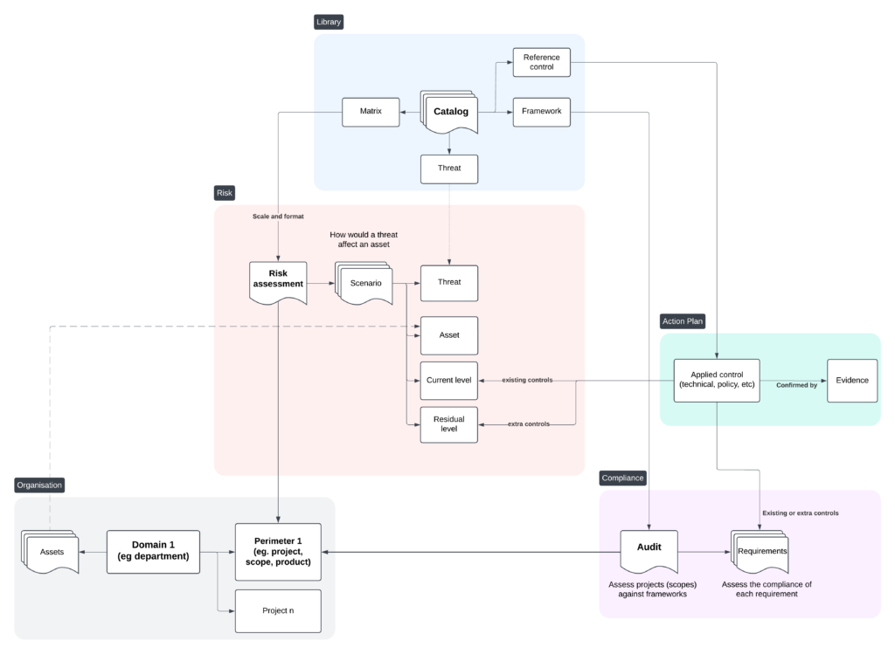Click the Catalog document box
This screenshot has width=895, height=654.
click(450, 112)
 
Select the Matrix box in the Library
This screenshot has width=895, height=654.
click(371, 111)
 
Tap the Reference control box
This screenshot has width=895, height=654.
click(541, 62)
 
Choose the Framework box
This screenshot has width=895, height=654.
click(541, 111)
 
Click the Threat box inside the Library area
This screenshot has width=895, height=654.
click(449, 168)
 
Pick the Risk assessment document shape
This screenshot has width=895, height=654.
click(278, 281)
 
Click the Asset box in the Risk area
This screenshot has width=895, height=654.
click(449, 334)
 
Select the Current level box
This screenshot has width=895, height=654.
click(449, 381)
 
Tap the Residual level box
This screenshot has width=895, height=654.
click(449, 424)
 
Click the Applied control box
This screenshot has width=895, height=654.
click(716, 380)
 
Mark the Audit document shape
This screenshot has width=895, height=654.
click(649, 551)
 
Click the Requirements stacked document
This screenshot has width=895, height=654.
click(762, 552)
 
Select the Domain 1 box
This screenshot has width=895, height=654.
click(153, 551)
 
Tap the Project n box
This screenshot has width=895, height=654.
click(278, 610)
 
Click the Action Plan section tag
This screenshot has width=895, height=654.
click(683, 321)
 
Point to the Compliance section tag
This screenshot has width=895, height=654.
click(622, 478)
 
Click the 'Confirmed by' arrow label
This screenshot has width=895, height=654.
click(795, 385)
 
